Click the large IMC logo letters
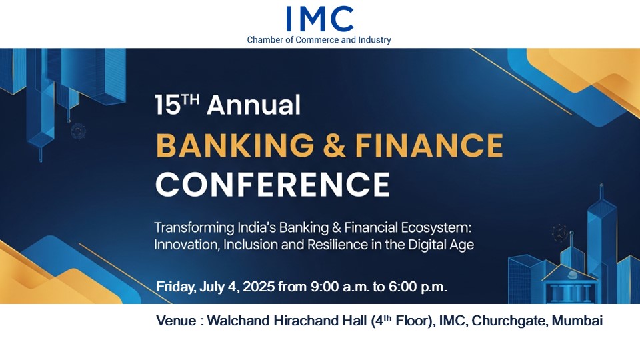pos(319,19)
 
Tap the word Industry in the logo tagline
pos(374,40)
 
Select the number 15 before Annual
pos(168,105)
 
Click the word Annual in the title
pos(253,105)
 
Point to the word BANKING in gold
pos(235,145)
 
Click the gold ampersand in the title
pos(334,146)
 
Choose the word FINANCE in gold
pos(429,145)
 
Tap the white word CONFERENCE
pos(272,185)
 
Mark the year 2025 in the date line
pos(259,287)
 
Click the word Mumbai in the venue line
pos(577,321)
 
